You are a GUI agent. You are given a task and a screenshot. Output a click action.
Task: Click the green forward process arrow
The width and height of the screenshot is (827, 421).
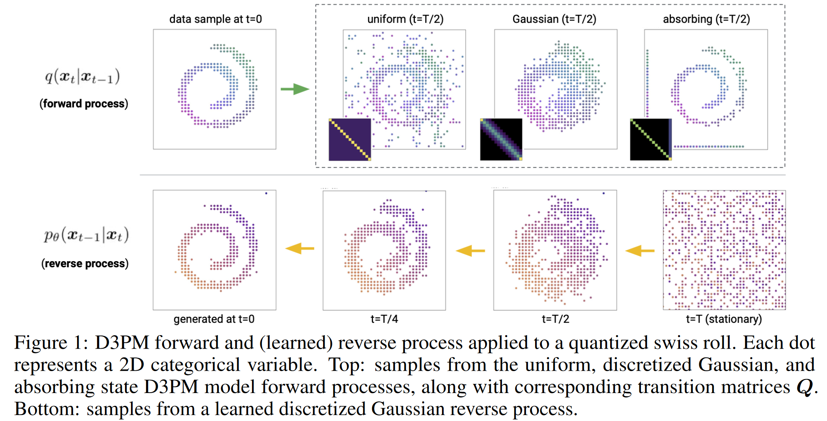click(x=295, y=89)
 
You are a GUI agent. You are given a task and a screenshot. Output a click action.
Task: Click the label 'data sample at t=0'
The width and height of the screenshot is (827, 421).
click(x=216, y=19)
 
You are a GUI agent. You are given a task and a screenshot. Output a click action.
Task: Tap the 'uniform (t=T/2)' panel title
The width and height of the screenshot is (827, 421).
click(x=405, y=19)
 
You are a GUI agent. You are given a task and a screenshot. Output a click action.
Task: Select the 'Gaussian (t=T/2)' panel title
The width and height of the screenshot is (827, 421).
click(x=554, y=19)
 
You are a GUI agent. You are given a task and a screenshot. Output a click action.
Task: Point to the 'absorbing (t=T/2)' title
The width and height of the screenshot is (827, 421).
click(x=706, y=19)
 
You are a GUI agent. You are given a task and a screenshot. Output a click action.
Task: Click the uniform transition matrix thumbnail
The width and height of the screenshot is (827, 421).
click(x=350, y=139)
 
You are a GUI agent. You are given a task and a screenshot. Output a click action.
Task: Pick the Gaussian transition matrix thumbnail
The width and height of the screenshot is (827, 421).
click(x=501, y=139)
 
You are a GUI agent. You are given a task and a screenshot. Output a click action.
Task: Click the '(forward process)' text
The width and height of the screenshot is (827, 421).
click(x=84, y=104)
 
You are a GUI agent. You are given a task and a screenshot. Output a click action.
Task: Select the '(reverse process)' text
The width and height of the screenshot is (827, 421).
click(x=85, y=264)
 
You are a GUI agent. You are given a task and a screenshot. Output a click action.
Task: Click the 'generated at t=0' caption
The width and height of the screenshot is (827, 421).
click(x=214, y=319)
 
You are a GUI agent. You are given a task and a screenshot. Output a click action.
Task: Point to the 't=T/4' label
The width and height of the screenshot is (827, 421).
click(x=384, y=319)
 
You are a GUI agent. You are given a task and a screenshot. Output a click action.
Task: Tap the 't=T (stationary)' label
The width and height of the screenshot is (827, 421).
click(x=724, y=319)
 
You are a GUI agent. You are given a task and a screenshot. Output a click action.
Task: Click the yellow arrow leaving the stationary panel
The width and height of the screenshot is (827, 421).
click(x=640, y=251)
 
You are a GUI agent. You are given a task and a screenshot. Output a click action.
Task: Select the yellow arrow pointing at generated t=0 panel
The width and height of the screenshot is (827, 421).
click(x=299, y=248)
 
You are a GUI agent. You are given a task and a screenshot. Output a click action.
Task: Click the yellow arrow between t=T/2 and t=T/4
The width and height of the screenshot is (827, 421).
click(x=470, y=251)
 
